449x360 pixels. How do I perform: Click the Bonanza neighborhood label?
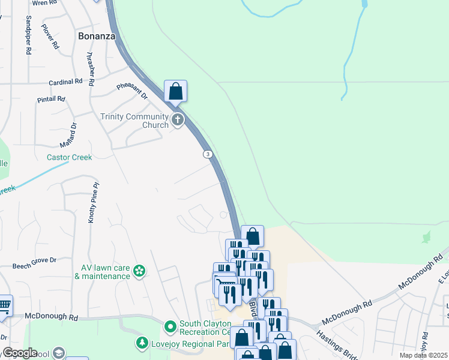(96, 36)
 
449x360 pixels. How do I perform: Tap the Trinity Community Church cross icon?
(178, 120)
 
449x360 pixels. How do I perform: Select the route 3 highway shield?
(208, 154)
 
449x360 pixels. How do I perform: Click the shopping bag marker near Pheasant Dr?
(175, 92)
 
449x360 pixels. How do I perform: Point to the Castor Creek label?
(70, 157)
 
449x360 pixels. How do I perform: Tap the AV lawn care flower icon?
(139, 272)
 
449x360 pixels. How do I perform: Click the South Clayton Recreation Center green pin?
(170, 327)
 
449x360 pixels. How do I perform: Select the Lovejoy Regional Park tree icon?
(142, 343)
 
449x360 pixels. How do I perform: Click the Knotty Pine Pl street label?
(93, 204)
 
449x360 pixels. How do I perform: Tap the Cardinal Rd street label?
(65, 82)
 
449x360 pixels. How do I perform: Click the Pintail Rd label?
(51, 98)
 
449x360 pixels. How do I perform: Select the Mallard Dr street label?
(70, 136)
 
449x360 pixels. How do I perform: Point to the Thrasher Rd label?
(90, 70)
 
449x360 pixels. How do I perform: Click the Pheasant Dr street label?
(132, 91)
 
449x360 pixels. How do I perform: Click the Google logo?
(19, 353)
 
